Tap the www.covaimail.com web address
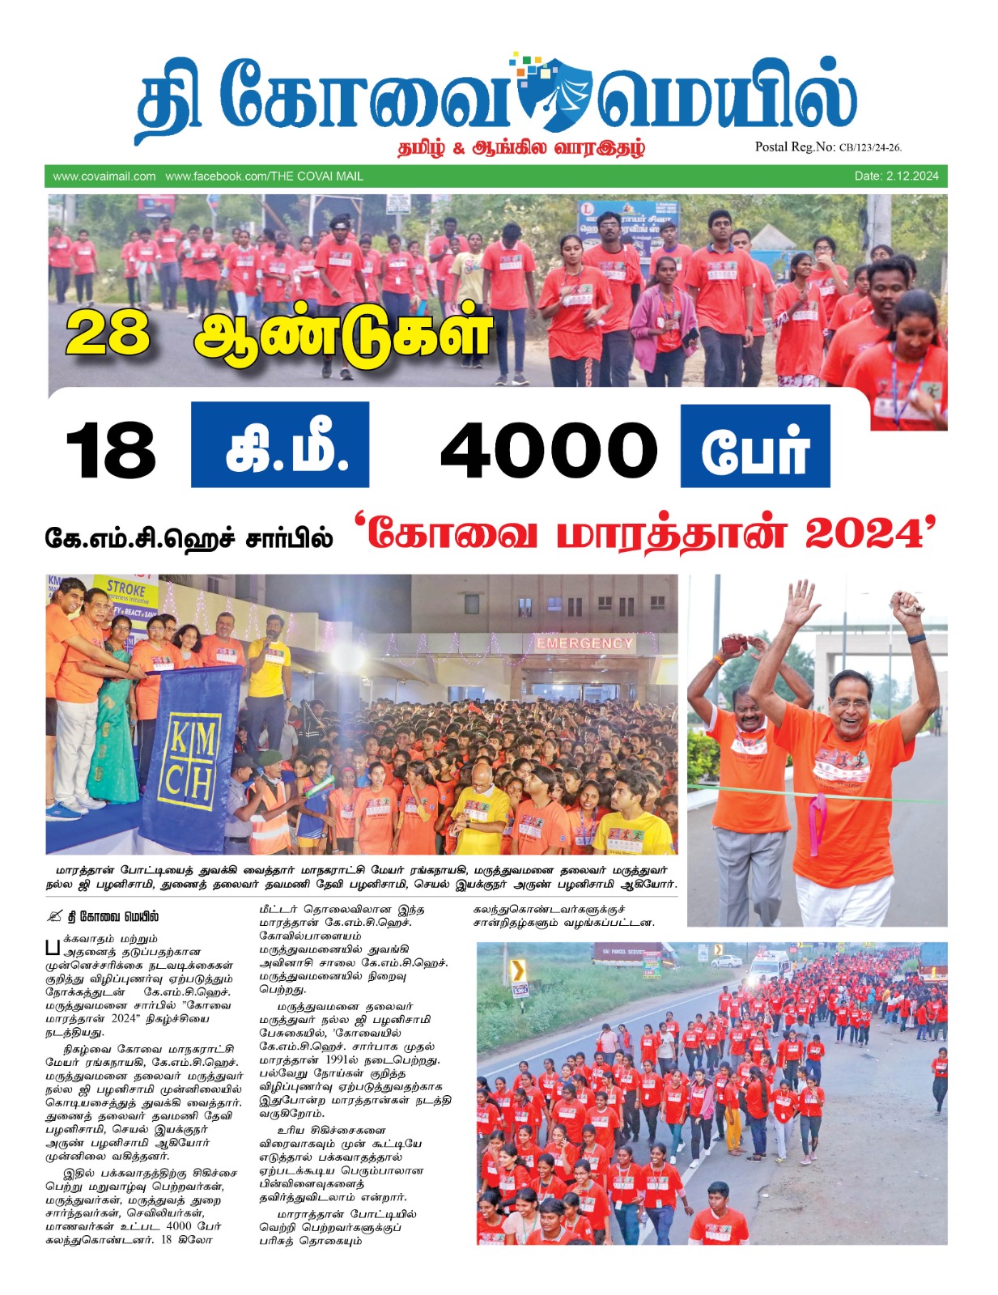pos(104,176)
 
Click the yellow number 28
pos(108,333)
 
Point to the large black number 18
pos(111,450)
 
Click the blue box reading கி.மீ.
pos(280,445)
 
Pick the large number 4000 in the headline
pos(549,450)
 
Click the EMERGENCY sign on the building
pos(584,643)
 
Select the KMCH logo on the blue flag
pos(191,760)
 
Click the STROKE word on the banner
pos(126,588)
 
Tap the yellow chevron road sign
pos(518,969)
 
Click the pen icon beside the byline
pos(54,916)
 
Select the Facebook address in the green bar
pos(264,176)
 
